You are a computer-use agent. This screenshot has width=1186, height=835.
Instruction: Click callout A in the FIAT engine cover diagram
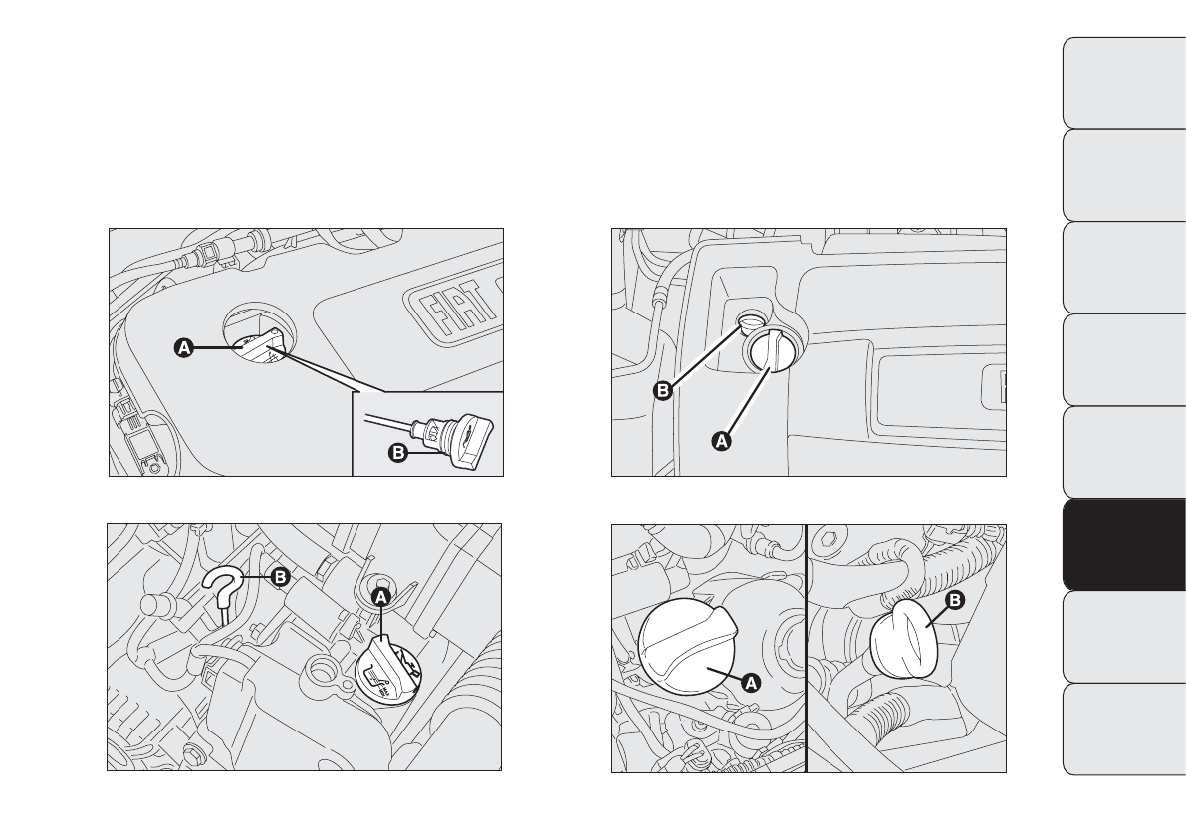(184, 348)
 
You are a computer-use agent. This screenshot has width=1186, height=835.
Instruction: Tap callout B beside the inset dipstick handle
(397, 453)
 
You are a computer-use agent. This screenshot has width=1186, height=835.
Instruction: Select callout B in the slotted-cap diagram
(662, 391)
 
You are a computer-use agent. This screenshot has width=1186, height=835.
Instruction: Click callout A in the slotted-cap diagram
(722, 440)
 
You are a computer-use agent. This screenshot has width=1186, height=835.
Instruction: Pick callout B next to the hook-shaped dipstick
(280, 577)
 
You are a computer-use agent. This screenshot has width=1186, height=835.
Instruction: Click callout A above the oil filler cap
(382, 596)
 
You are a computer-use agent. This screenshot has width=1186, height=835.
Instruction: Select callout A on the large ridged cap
(750, 683)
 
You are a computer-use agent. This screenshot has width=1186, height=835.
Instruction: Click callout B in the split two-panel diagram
(955, 600)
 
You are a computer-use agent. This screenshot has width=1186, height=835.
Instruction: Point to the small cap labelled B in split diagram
(904, 636)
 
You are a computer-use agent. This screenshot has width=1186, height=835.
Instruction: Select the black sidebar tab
(1124, 544)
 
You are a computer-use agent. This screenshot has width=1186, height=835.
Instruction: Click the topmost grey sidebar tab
(1124, 83)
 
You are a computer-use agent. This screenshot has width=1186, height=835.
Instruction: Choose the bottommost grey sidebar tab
(1124, 730)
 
